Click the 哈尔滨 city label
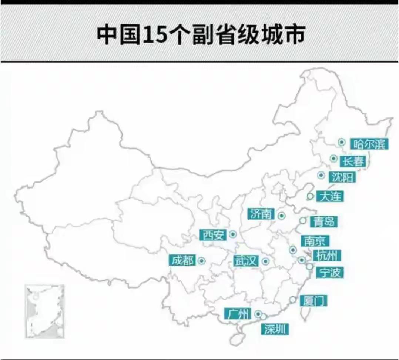tap(369, 143)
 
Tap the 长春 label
tap(353, 161)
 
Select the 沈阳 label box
tap(342, 177)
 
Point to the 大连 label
tap(329, 196)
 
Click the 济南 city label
tap(261, 214)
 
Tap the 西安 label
tap(213, 235)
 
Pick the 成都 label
tap(182, 260)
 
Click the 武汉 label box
tap(245, 261)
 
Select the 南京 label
tap(315, 241)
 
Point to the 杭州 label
tap(327, 255)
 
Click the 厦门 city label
tap(313, 300)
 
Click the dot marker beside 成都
tap(201, 261)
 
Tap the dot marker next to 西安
tap(233, 234)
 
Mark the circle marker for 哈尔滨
tap(342, 142)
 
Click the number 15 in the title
tap(154, 35)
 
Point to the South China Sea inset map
tap(45, 311)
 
